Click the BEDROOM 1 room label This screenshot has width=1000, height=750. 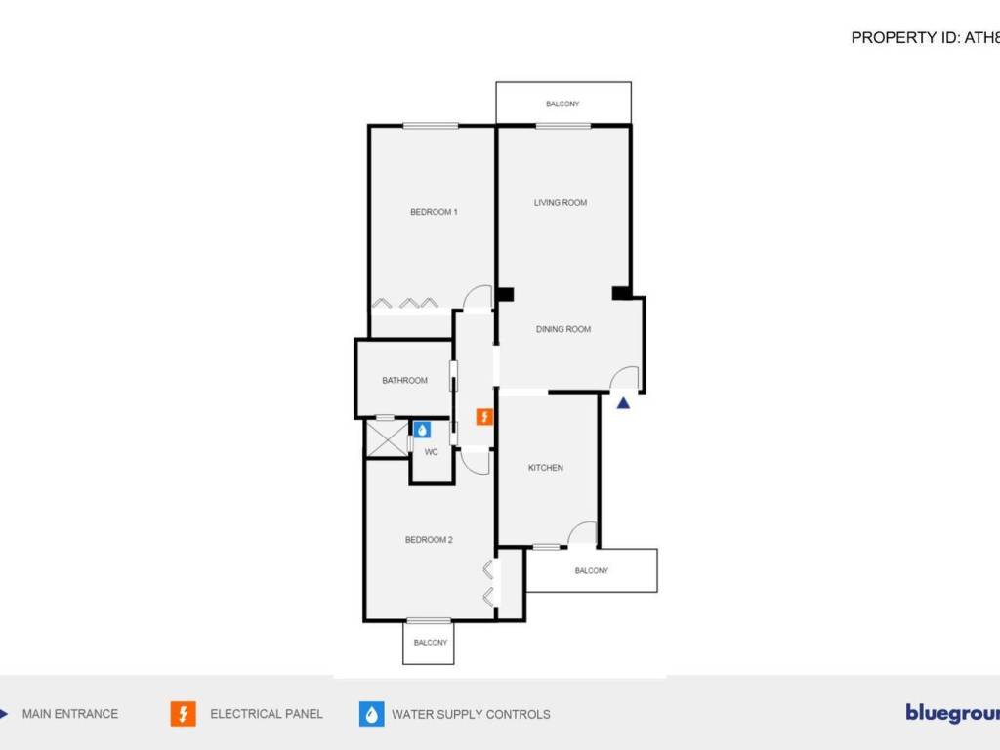pyautogui.click(x=434, y=212)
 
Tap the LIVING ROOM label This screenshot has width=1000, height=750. pyautogui.click(x=561, y=203)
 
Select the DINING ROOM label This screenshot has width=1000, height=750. pyautogui.click(x=563, y=329)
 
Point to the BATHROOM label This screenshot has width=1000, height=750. pyautogui.click(x=404, y=381)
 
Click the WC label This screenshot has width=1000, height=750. pyautogui.click(x=431, y=452)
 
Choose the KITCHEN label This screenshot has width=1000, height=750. pyautogui.click(x=546, y=468)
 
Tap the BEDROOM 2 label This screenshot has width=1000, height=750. pyautogui.click(x=429, y=540)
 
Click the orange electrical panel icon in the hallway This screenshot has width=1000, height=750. pyautogui.click(x=483, y=417)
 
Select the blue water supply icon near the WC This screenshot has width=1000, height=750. pyautogui.click(x=422, y=429)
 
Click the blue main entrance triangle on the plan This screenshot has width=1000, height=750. pyautogui.click(x=624, y=400)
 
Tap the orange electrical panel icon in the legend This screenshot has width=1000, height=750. pyautogui.click(x=183, y=714)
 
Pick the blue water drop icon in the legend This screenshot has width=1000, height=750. pyautogui.click(x=372, y=714)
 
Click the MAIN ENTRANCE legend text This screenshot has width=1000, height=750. pyautogui.click(x=70, y=714)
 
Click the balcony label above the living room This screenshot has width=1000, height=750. pyautogui.click(x=562, y=104)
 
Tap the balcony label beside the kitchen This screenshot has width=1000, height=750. pyautogui.click(x=592, y=571)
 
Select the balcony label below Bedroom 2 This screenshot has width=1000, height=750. pyautogui.click(x=431, y=643)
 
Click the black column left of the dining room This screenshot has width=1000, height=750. pyautogui.click(x=505, y=293)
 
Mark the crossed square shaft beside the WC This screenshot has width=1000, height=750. pyautogui.click(x=387, y=438)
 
